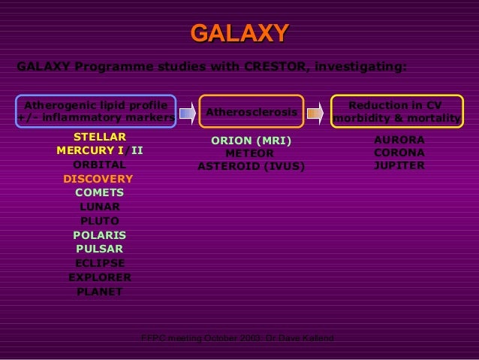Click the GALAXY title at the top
239,33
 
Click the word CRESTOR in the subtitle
274,66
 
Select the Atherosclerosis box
252,112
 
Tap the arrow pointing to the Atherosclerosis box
188,113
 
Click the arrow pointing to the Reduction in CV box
315,113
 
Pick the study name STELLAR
99,137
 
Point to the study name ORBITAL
99,165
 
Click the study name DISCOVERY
98,179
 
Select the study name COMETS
99,192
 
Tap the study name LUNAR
99,207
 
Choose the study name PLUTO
99,221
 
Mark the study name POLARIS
99,235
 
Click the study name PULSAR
99,249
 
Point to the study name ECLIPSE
99,263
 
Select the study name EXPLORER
99,277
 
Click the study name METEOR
250,153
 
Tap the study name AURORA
399,140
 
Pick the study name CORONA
399,153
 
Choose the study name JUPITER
399,165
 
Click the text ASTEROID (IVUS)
251,166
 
